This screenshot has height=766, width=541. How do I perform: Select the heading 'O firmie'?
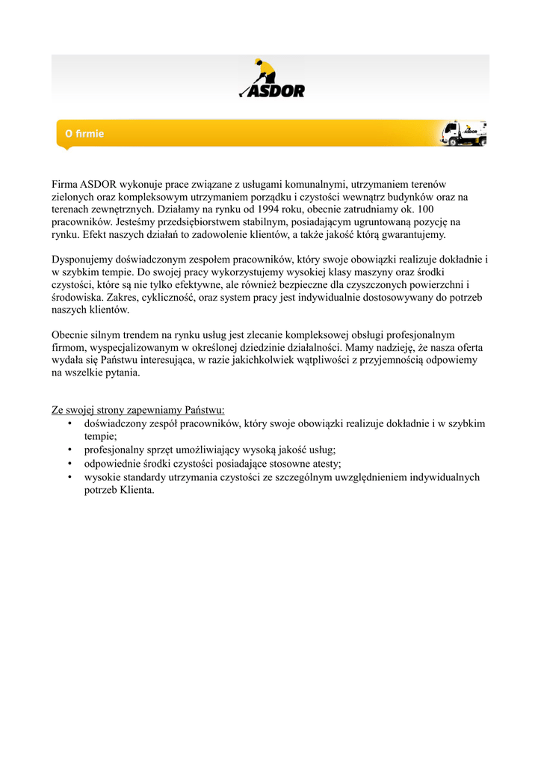click(x=84, y=134)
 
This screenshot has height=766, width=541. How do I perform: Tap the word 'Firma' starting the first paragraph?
click(x=64, y=184)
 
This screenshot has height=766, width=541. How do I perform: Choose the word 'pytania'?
click(x=121, y=373)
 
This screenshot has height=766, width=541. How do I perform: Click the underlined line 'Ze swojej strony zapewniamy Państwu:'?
click(x=138, y=411)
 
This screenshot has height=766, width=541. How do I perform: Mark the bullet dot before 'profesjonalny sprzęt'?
click(x=69, y=450)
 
